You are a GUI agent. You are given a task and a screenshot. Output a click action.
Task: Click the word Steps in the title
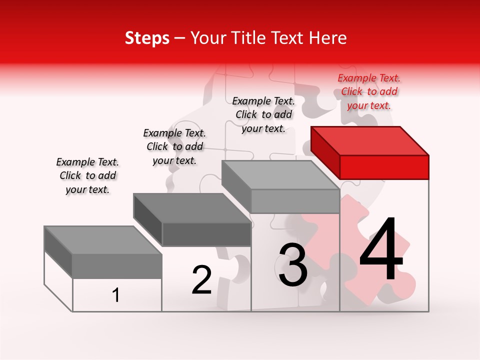(147, 38)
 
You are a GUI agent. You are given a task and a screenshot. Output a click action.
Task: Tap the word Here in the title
(327, 38)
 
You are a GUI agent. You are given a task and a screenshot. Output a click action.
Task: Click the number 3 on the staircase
(293, 265)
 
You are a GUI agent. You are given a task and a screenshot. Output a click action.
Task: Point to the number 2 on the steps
(201, 280)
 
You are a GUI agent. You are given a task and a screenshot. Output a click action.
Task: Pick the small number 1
(116, 295)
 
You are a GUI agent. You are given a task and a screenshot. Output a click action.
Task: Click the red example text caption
(369, 91)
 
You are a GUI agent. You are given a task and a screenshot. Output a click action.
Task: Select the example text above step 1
(87, 175)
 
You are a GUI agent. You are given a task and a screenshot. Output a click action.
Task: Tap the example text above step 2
(174, 146)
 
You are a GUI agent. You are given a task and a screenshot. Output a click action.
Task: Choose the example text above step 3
(263, 114)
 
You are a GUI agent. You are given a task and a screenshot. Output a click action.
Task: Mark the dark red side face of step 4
(325, 152)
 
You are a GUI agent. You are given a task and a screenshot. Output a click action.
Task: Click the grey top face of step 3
(280, 175)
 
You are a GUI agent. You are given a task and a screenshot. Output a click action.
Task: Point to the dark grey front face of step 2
(206, 234)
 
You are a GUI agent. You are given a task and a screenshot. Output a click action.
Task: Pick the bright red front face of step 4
(384, 167)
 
